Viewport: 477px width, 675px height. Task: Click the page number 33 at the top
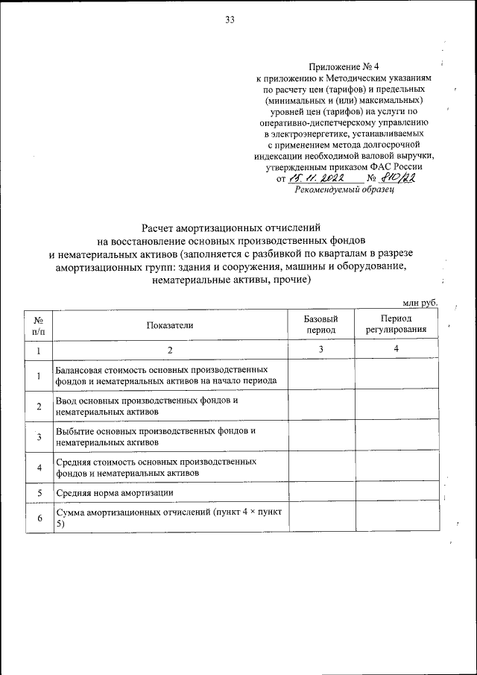230,20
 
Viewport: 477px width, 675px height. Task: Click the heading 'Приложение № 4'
349,66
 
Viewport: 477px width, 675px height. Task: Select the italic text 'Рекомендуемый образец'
344,189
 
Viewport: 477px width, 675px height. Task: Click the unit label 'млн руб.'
419,302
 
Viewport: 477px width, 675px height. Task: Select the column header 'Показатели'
170,324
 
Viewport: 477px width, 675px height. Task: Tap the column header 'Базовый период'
320,324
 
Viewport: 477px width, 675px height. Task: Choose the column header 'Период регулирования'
396,324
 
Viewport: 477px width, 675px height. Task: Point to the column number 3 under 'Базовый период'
320,349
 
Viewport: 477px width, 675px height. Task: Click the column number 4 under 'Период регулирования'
396,349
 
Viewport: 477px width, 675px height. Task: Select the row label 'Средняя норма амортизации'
115,493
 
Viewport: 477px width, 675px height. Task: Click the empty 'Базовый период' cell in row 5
320,493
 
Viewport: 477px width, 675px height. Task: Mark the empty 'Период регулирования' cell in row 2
396,405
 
